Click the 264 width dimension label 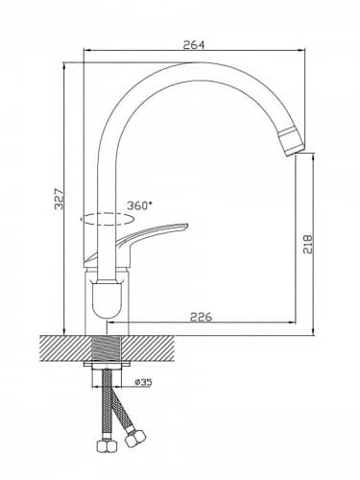click(x=193, y=45)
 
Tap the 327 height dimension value click(x=60, y=199)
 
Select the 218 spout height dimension click(x=307, y=244)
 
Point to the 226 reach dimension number click(x=202, y=317)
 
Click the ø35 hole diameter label click(x=143, y=382)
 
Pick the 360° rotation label click(x=139, y=205)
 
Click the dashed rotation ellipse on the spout click(x=108, y=220)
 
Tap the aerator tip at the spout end click(x=292, y=141)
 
